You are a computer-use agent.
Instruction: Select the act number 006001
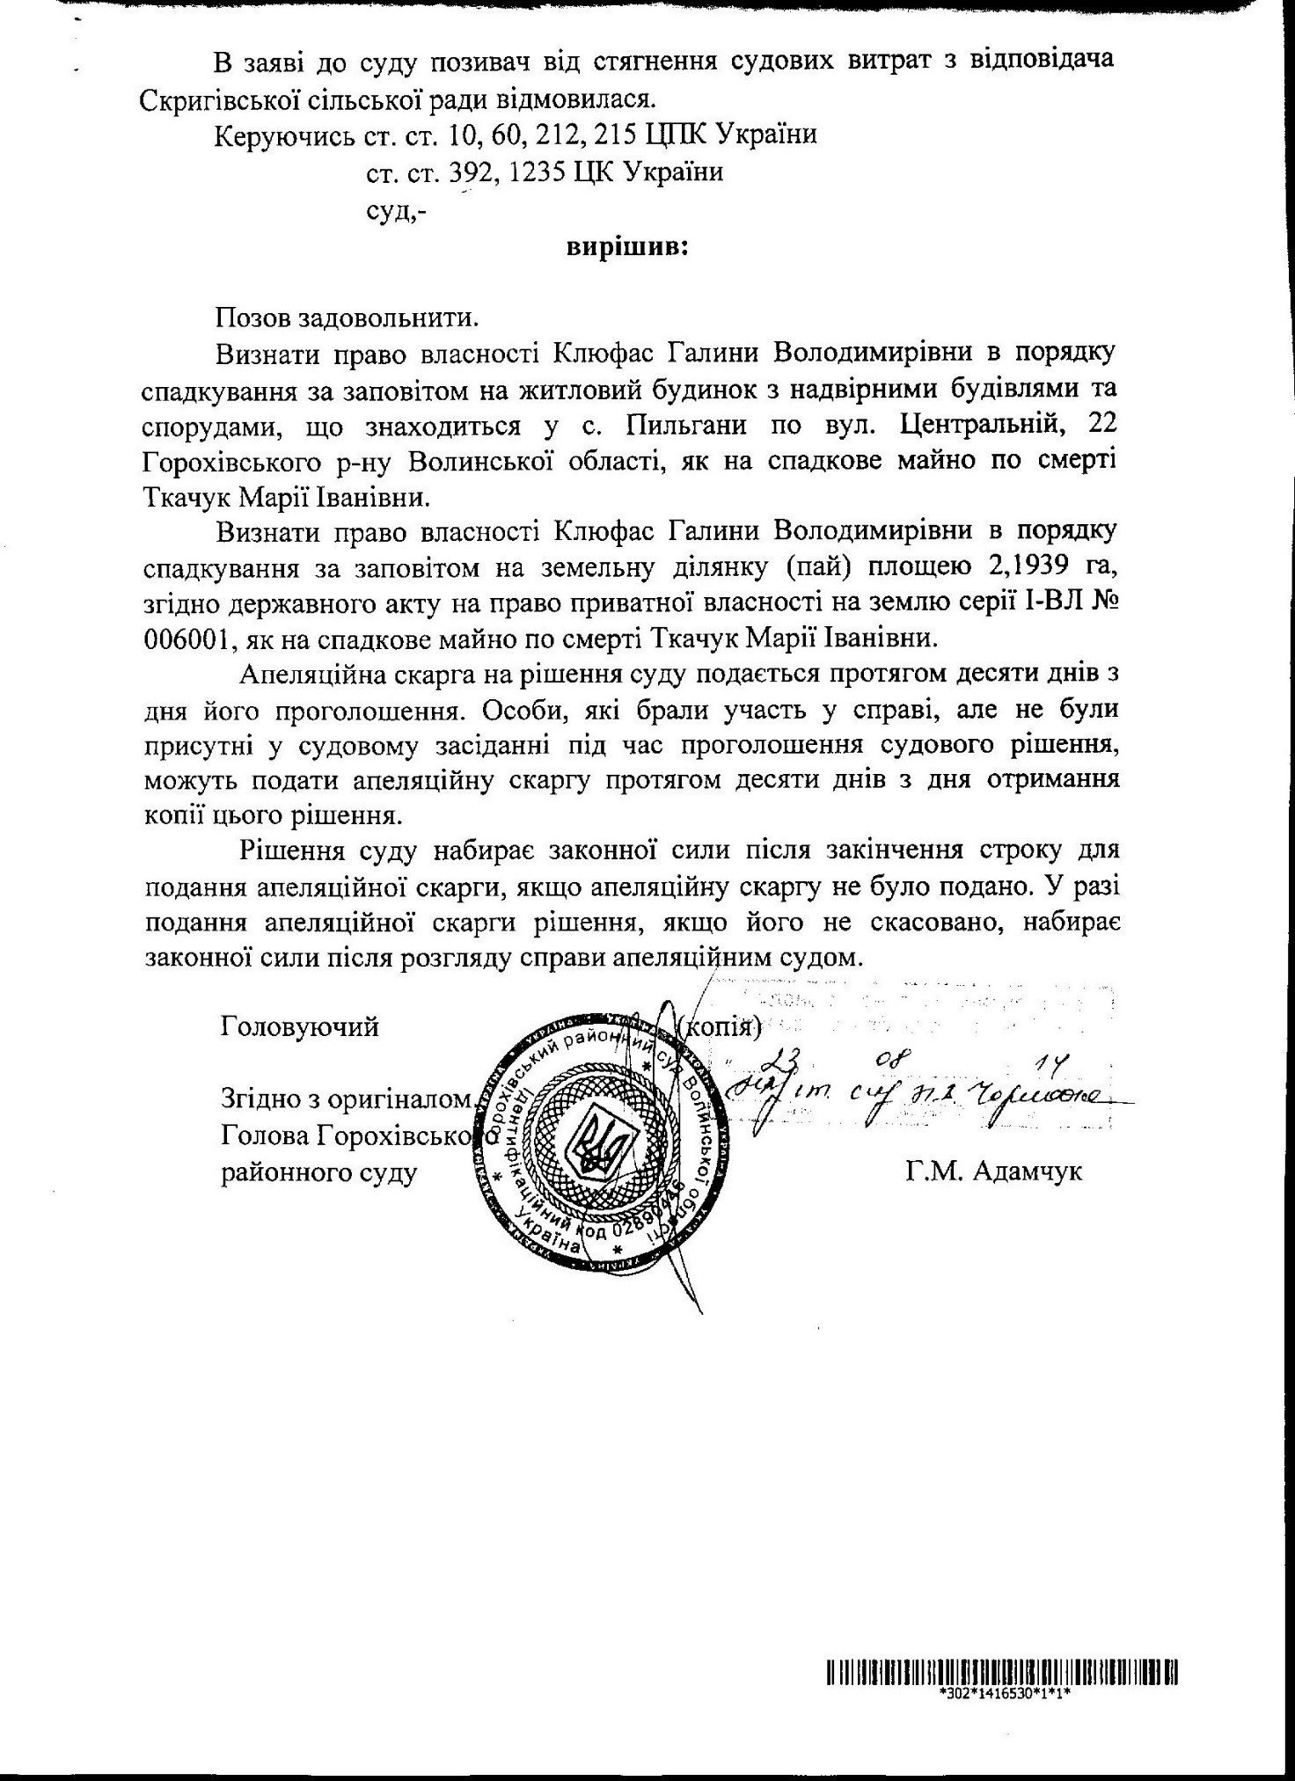tap(186, 639)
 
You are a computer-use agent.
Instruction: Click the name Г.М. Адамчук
tap(992, 1172)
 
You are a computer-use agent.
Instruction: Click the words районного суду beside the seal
tap(318, 1172)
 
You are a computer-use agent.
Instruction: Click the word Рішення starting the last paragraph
tap(294, 851)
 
